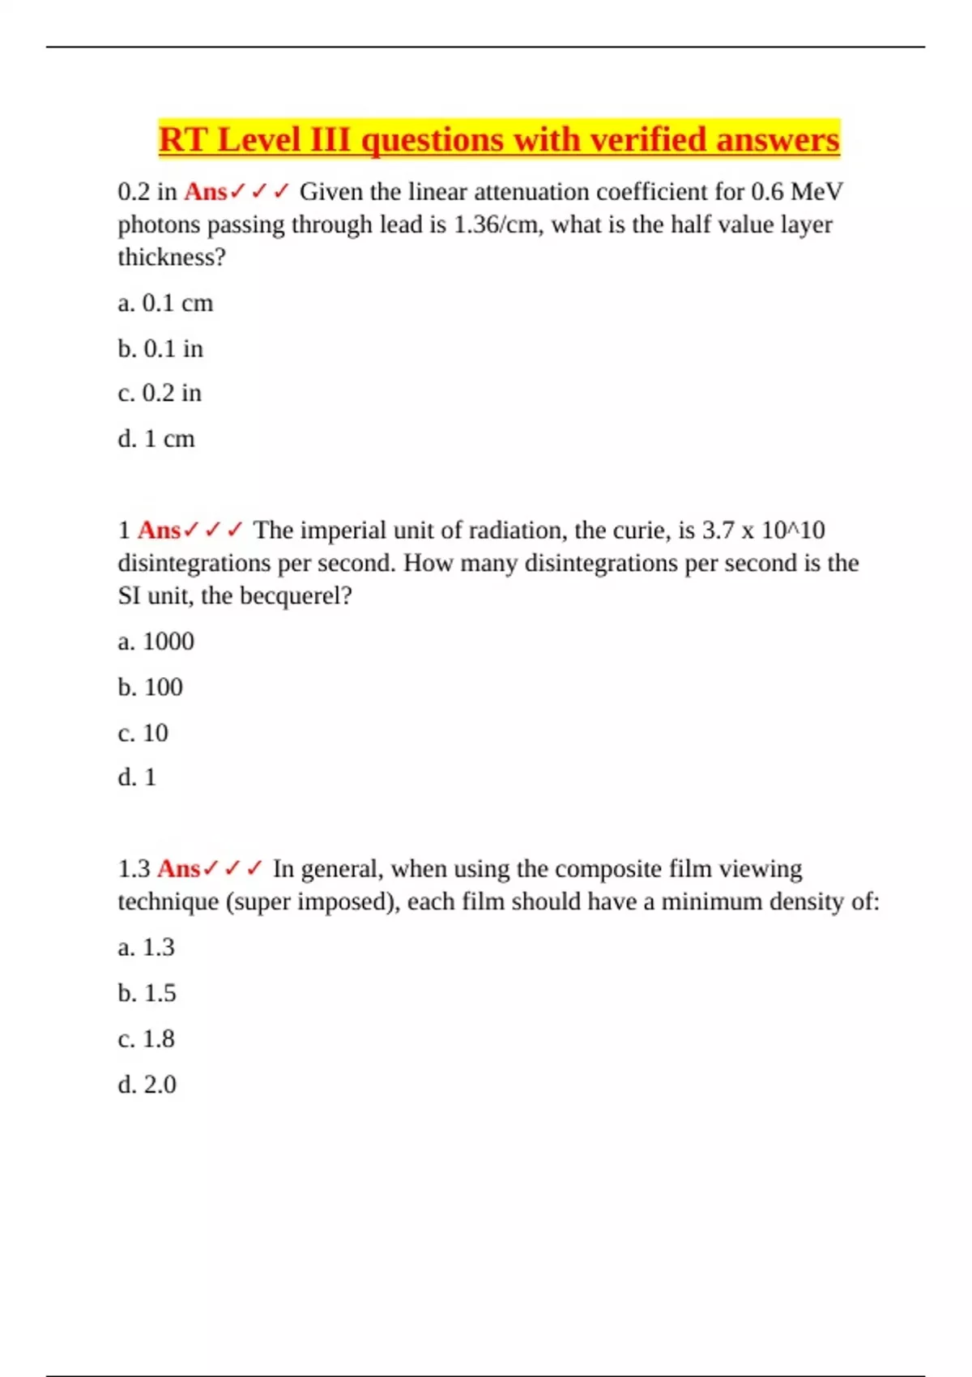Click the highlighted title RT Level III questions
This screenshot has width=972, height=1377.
[x=498, y=139]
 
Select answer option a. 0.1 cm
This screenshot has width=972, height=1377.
[x=165, y=303]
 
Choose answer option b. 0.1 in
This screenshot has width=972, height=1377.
[x=160, y=348]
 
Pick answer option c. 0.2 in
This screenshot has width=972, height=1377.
[x=160, y=393]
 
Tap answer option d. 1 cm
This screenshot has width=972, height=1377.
[x=156, y=439]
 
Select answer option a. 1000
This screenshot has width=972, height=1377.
[x=156, y=642]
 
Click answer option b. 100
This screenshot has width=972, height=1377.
[x=150, y=687]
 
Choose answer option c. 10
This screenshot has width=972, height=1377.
[x=143, y=733]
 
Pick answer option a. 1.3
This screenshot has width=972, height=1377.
[x=146, y=947]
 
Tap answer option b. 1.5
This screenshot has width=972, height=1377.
[x=147, y=993]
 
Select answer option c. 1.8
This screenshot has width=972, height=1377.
[x=146, y=1038]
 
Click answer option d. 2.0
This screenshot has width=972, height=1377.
[x=147, y=1085]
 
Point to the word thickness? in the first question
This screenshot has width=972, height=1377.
[x=172, y=258]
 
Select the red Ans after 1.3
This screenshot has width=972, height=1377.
[x=179, y=869]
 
